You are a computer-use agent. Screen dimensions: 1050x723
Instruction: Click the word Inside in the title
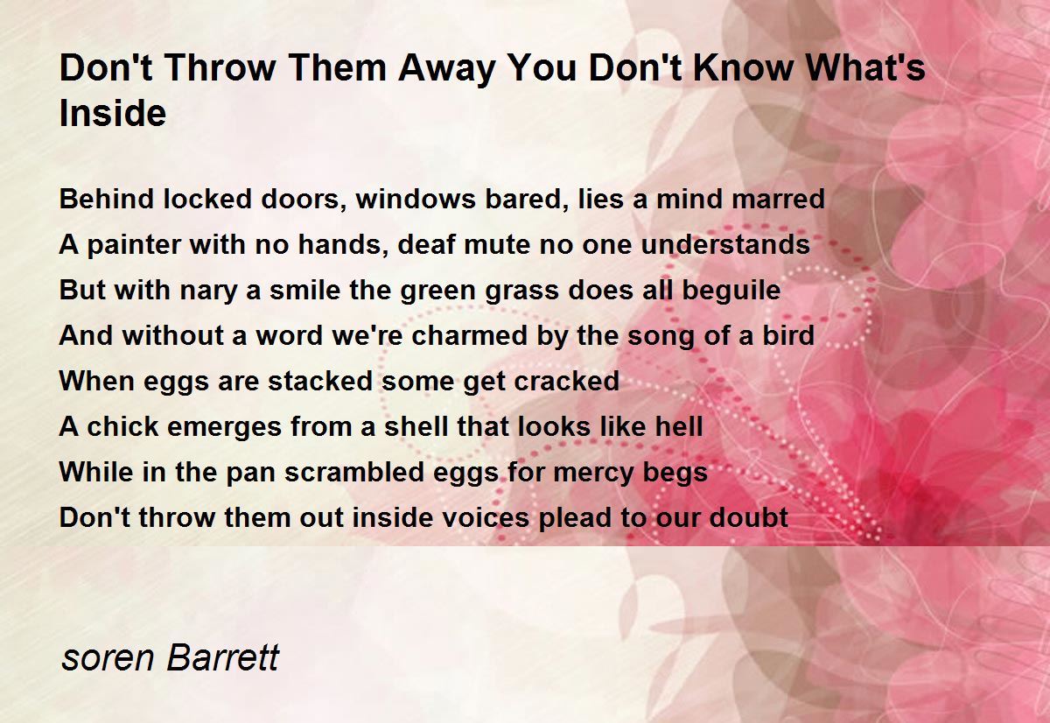(x=113, y=113)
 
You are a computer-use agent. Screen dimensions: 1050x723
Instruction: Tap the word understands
(x=725, y=244)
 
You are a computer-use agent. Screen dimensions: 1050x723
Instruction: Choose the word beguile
(x=731, y=291)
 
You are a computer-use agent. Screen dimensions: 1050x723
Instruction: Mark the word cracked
(x=567, y=381)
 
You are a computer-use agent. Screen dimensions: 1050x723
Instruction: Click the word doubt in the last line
(x=749, y=517)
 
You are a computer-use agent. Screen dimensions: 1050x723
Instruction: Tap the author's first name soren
(x=108, y=659)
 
